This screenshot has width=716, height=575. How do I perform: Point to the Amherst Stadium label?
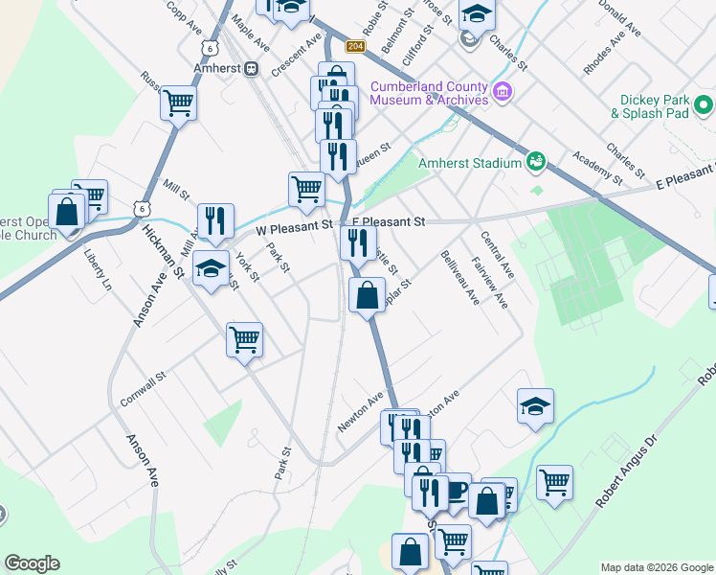[x=469, y=163]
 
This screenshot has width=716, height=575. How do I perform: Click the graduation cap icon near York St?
[x=211, y=269]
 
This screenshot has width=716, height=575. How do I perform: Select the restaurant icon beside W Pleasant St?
[x=215, y=221]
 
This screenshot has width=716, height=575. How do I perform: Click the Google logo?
[x=32, y=563]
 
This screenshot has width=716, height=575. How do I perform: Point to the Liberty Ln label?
[x=98, y=270]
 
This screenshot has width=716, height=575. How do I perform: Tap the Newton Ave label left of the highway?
[x=360, y=411]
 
